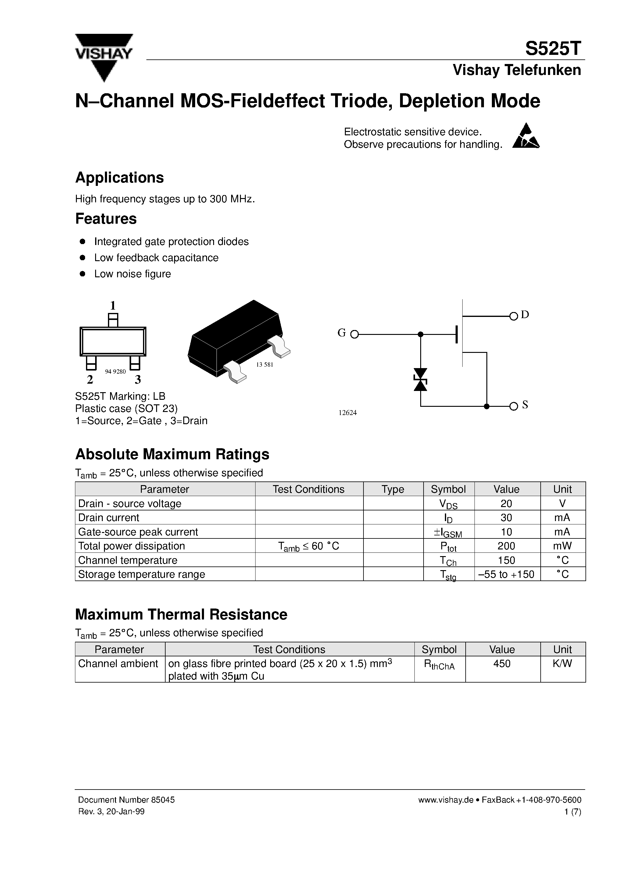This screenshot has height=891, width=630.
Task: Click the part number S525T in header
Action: [x=553, y=49]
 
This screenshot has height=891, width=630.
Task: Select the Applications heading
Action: [x=119, y=178]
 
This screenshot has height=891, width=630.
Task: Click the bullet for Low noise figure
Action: [x=82, y=274]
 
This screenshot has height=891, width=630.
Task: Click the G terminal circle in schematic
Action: [x=354, y=334]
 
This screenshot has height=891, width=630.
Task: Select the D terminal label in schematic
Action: [x=525, y=315]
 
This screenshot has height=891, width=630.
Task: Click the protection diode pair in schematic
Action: [x=420, y=380]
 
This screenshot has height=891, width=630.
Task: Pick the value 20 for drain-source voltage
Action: [x=506, y=503]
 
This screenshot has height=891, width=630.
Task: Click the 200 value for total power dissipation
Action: [x=506, y=546]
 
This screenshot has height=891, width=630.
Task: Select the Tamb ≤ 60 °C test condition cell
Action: [x=309, y=546]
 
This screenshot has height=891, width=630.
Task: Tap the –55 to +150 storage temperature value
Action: [x=507, y=574]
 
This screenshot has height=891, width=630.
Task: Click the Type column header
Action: [x=393, y=489]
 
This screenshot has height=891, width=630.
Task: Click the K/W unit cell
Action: [x=562, y=664]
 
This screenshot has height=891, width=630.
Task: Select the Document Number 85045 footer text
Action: [x=126, y=800]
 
